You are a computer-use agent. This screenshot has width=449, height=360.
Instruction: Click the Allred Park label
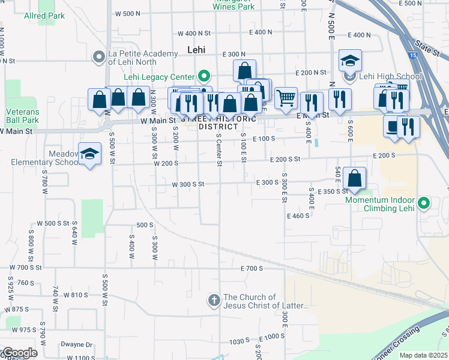point(44,16)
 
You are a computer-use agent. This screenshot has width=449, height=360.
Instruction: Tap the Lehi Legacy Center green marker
point(203,76)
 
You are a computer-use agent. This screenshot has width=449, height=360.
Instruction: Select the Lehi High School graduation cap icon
point(350,61)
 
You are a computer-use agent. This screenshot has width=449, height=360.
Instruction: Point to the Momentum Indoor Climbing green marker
point(424,203)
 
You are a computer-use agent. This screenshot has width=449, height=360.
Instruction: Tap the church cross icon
point(214,301)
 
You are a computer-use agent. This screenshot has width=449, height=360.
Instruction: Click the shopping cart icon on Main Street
point(286,97)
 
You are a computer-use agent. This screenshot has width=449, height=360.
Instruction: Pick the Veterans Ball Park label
point(22,116)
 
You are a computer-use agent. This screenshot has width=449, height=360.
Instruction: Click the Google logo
point(19,353)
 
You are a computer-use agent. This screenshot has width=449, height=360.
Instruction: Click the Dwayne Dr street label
point(76,345)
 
